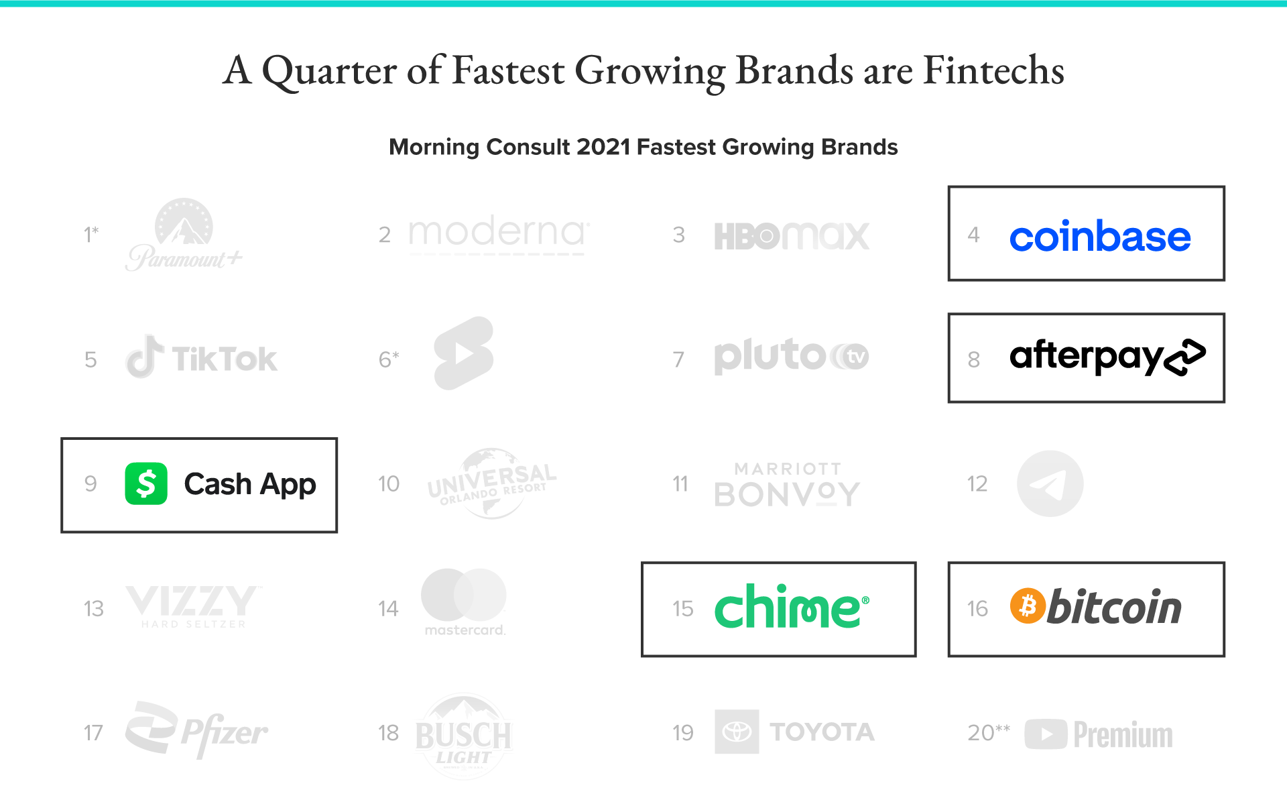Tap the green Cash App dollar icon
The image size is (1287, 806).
(146, 483)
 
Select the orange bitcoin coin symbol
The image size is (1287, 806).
(1028, 606)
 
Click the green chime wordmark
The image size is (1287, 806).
(792, 606)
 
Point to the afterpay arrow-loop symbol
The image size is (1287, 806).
(1185, 357)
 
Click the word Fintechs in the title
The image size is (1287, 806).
(993, 70)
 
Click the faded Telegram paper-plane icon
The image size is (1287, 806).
(1050, 483)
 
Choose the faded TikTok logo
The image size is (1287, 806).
(201, 357)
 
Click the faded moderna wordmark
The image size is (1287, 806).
(499, 234)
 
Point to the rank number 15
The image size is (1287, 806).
(683, 608)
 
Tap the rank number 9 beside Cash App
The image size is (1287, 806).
(90, 483)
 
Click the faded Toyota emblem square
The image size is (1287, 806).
(737, 732)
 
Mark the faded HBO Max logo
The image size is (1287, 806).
(792, 236)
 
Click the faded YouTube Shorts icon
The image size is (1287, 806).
(464, 353)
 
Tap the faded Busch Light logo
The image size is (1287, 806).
(464, 736)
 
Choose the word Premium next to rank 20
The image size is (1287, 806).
(1123, 735)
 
